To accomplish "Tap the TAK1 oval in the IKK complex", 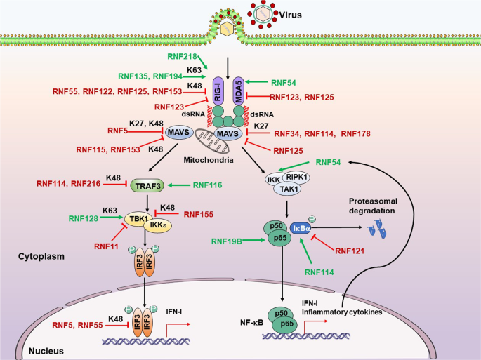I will point(312,189).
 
